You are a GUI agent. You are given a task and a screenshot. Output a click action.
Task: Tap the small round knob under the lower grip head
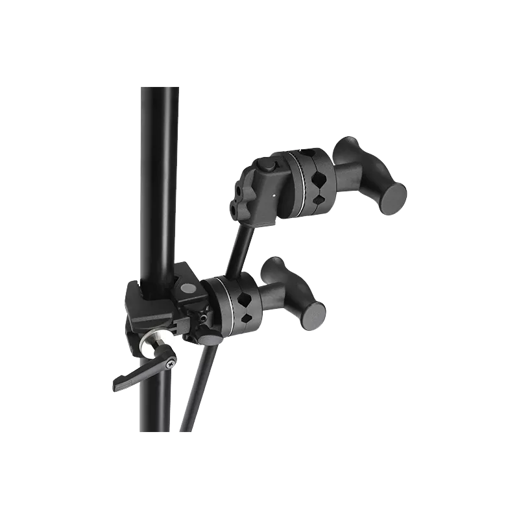pyautogui.click(x=208, y=339)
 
